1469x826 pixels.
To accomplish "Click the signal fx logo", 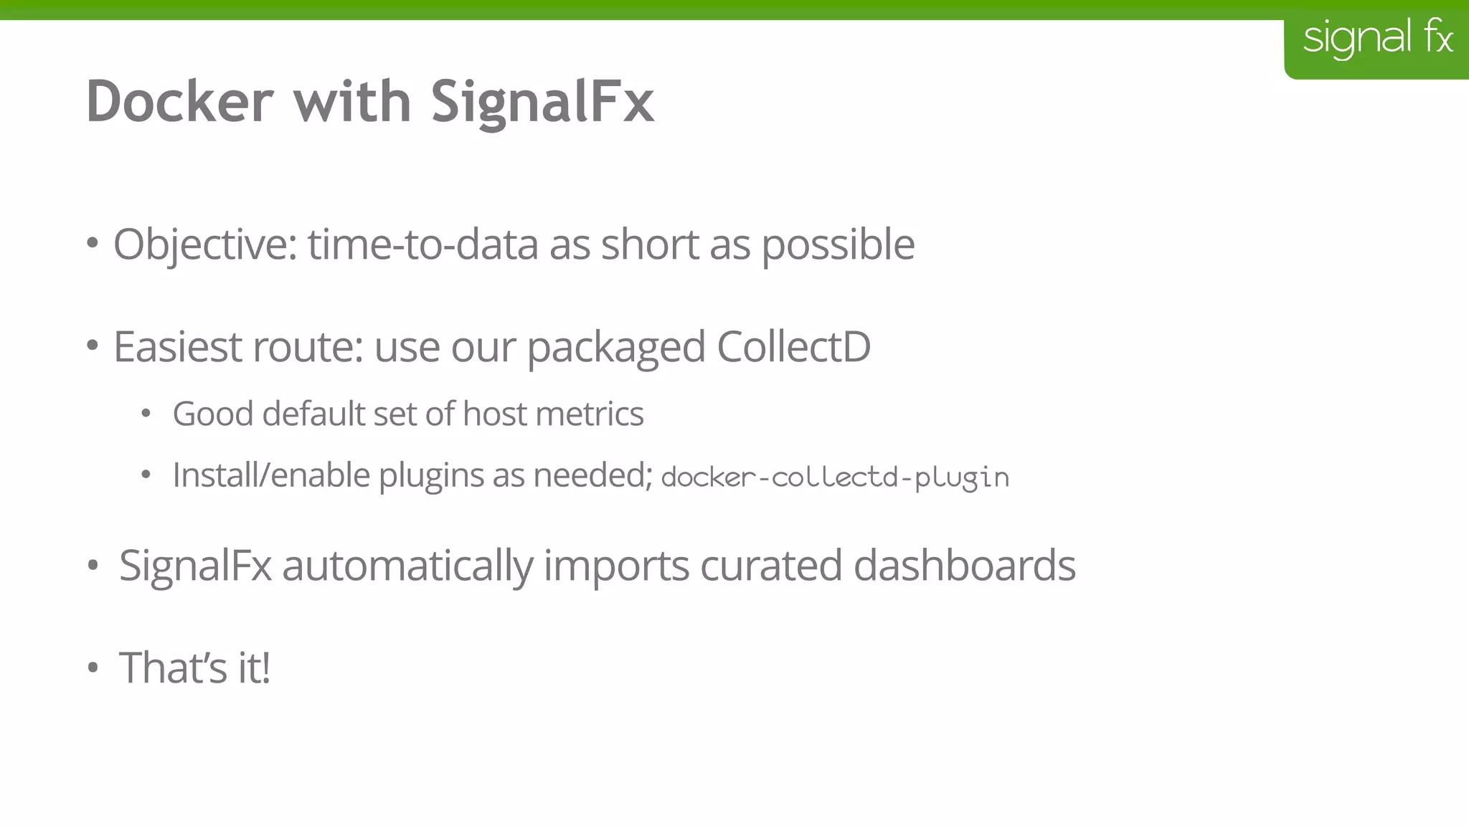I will coord(1377,39).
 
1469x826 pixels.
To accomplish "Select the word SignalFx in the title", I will coord(542,101).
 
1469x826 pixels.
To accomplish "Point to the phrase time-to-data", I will coord(423,245).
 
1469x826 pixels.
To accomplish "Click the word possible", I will coord(838,245).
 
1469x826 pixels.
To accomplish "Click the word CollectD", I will coord(793,347).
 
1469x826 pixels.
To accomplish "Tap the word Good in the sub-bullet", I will coord(213,414).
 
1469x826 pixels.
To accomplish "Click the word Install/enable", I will coord(271,475).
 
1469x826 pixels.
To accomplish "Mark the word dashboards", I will coord(964,565).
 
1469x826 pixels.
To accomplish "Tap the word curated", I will coord(771,566).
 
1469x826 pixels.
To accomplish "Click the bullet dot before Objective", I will coord(92,244).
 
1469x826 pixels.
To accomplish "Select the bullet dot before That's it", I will coord(92,668).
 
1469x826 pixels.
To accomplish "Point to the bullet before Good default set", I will coord(146,414).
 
